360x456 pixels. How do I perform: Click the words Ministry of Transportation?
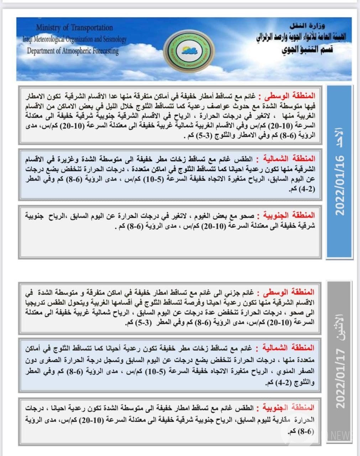pos(74,27)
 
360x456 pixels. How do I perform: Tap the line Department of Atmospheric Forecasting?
pos(73,51)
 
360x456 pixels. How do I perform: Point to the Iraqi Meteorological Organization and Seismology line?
pos(74,39)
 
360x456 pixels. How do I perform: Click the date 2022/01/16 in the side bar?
pos(340,185)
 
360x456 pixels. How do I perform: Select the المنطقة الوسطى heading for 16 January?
pos(289,96)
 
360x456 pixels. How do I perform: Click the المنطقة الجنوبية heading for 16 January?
pos(289,215)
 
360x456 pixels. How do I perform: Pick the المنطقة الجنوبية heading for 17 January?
pos(288,407)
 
